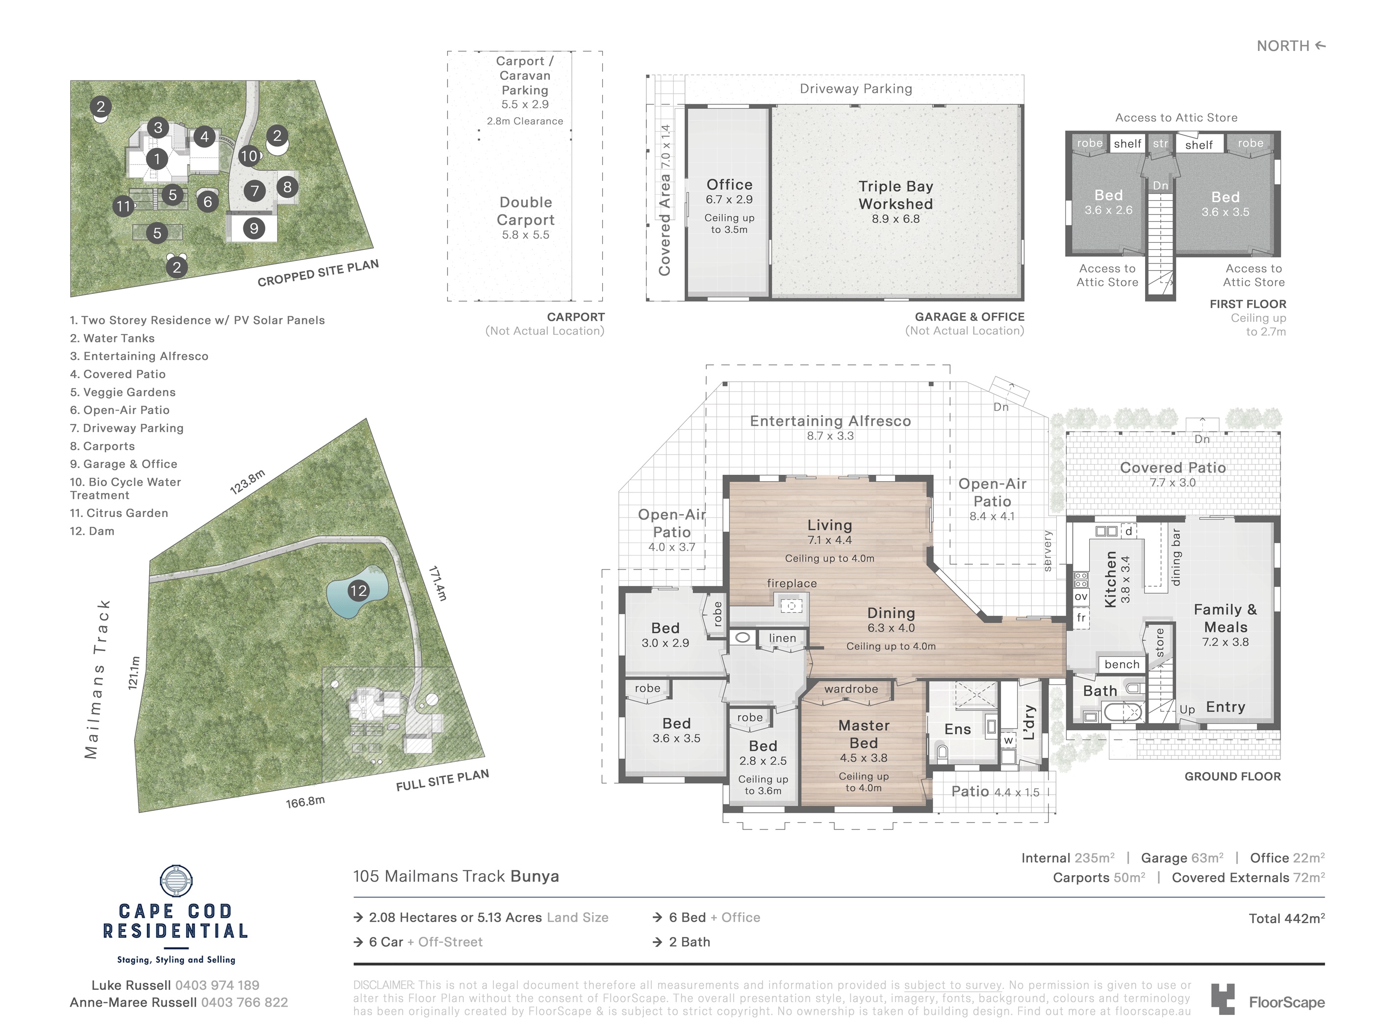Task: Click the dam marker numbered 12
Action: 358,591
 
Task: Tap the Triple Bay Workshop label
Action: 895,195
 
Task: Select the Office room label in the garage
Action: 729,184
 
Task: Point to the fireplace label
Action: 792,583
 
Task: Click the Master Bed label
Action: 864,734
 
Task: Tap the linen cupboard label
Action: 782,638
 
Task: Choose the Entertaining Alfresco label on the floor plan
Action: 830,421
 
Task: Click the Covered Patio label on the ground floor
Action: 1173,467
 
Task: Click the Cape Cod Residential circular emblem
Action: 176,881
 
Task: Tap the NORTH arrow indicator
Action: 1320,46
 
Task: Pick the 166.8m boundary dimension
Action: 305,802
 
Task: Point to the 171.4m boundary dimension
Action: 437,583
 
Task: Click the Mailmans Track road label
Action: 99,679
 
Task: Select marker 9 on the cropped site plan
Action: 254,228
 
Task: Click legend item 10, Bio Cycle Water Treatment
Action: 126,489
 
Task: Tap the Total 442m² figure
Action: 1286,918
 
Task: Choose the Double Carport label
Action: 525,211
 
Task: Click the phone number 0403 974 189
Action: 217,985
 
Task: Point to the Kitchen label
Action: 1110,579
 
